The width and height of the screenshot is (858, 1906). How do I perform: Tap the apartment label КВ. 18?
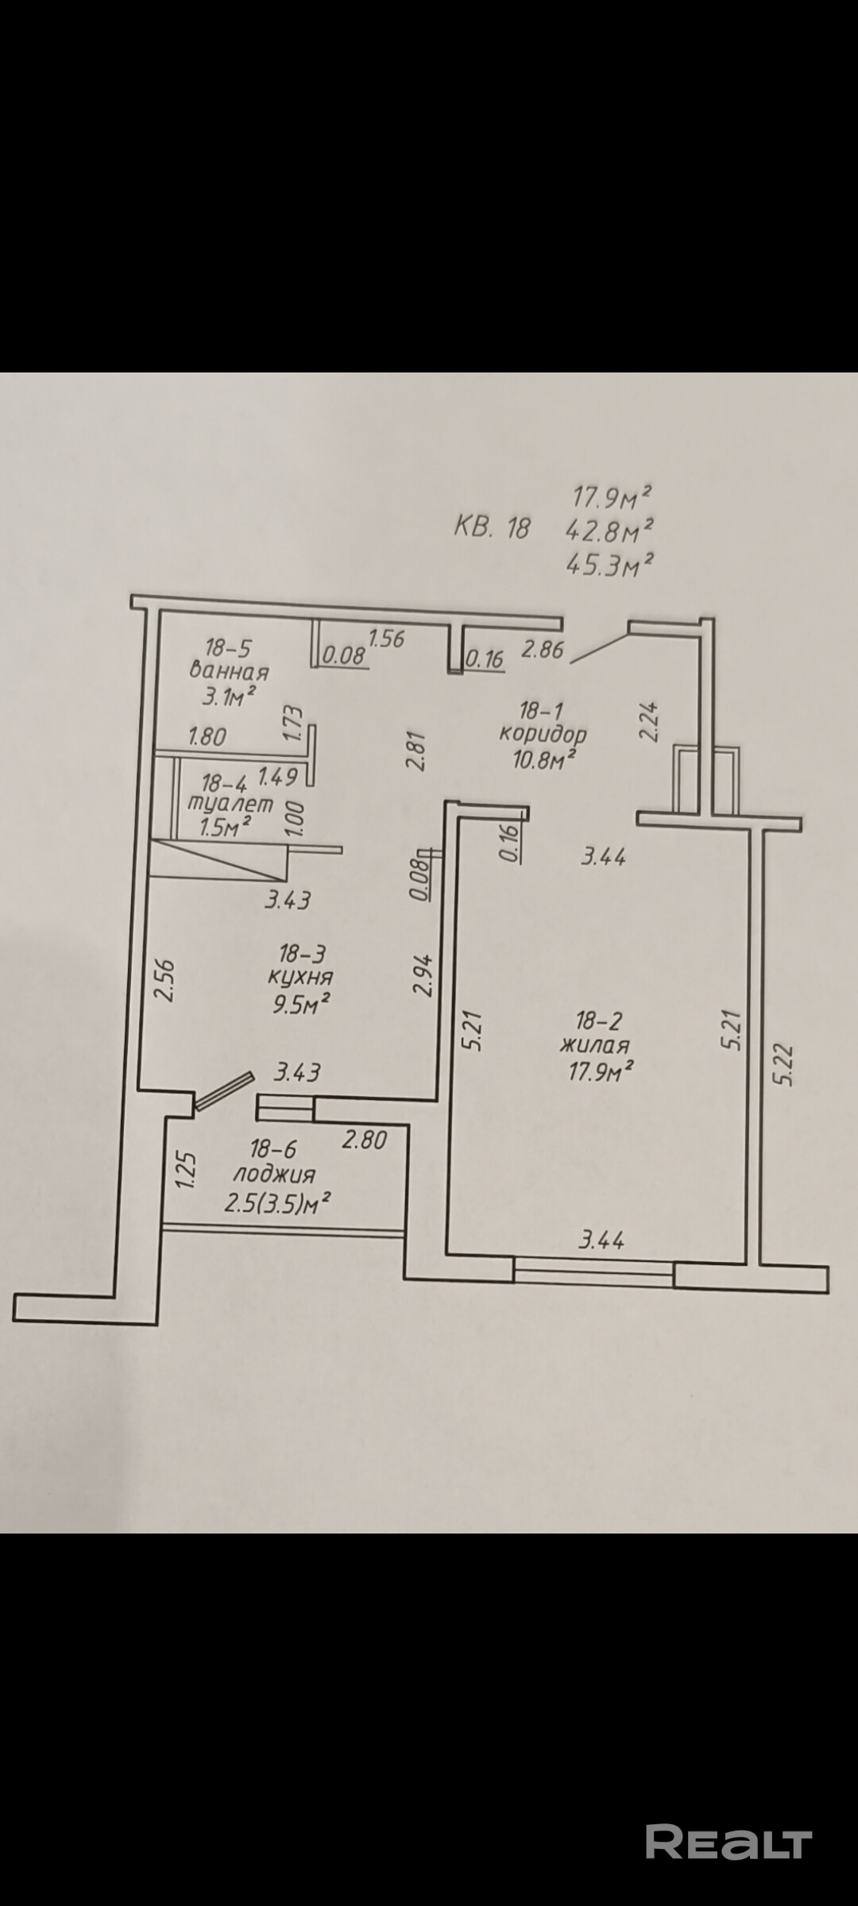[491, 527]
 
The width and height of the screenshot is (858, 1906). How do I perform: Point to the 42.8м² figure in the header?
[609, 528]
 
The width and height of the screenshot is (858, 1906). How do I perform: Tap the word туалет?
[230, 804]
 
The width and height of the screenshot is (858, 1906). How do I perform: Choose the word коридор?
[543, 732]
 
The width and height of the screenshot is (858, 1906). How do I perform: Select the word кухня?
[301, 976]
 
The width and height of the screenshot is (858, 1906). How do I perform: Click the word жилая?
[594, 1045]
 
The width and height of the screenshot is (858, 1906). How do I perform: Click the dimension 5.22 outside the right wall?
[783, 1064]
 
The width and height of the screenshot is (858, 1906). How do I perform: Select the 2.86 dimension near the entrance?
[542, 650]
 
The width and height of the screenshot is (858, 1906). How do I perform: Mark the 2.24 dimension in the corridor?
[650, 720]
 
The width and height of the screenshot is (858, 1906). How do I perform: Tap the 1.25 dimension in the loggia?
[185, 1171]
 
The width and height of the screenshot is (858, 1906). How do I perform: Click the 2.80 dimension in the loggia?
[364, 1140]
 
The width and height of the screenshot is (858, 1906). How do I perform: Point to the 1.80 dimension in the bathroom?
[207, 736]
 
